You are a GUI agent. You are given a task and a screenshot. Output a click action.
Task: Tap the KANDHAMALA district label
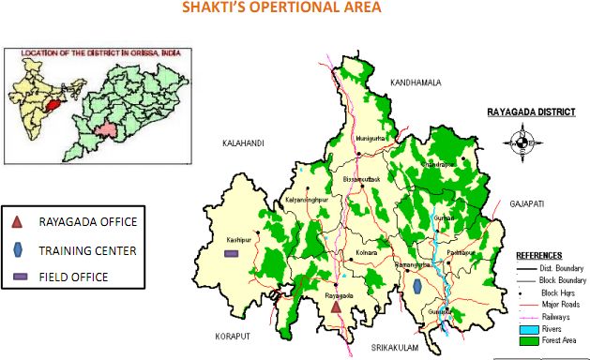416,82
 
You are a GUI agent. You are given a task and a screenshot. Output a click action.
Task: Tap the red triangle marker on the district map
335,307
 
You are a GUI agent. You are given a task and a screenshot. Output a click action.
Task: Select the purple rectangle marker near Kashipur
232,253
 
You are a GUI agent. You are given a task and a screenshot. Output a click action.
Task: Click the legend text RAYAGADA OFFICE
89,222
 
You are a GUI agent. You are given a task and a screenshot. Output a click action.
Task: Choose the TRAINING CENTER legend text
87,250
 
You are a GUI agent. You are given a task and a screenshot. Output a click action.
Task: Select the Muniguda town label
371,138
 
